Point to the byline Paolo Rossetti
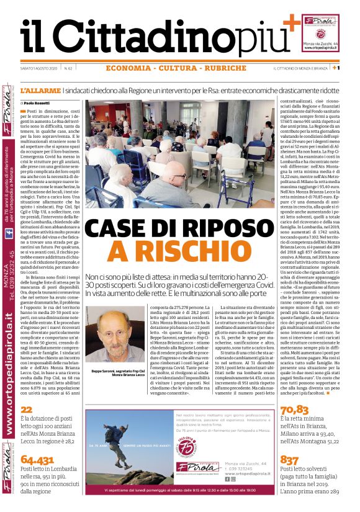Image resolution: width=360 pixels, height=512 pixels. coord(38,103)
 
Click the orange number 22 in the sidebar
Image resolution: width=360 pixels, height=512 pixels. coord(25,410)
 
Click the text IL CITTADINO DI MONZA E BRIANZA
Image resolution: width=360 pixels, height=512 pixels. coord(300,68)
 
